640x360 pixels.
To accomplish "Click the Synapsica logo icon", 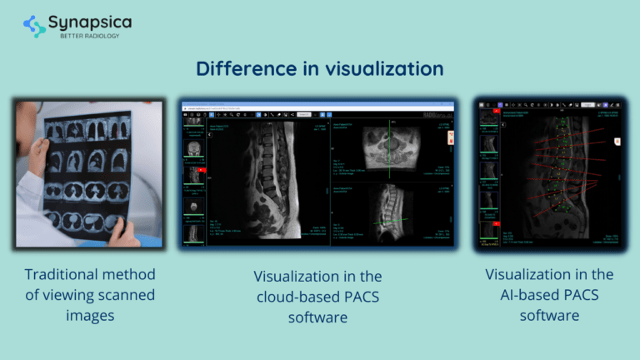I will [x=35, y=26].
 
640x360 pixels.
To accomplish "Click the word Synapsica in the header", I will [x=89, y=22].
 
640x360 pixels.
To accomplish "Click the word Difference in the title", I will [x=238, y=68].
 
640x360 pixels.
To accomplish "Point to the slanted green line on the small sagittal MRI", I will [x=391, y=221].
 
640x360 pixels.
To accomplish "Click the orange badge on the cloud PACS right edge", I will [x=451, y=136].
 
